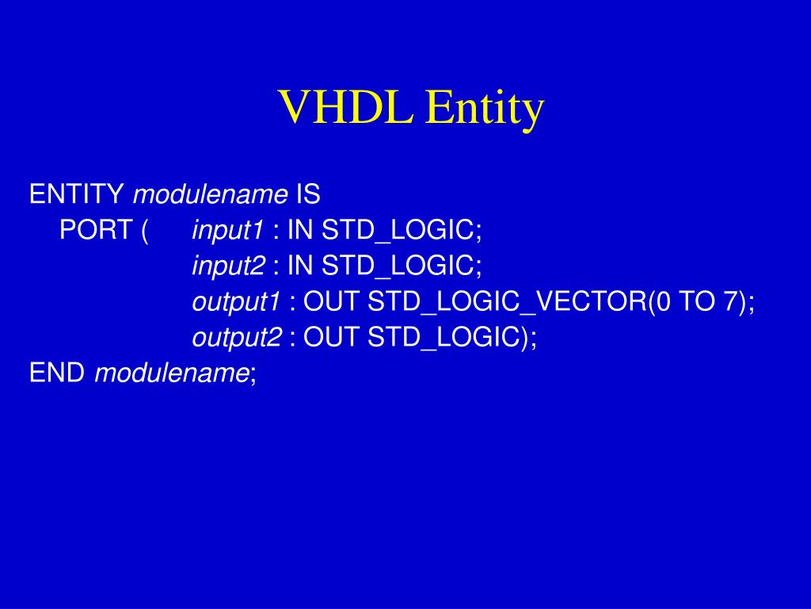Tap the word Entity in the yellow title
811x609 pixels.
pyautogui.click(x=485, y=109)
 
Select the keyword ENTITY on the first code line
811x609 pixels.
pyautogui.click(x=77, y=194)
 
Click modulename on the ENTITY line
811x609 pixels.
pyautogui.click(x=210, y=194)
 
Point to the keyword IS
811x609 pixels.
pyautogui.click(x=308, y=194)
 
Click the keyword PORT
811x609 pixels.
pyautogui.click(x=96, y=229)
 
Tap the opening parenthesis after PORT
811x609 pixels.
pyautogui.click(x=144, y=231)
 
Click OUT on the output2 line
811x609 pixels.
pyautogui.click(x=331, y=336)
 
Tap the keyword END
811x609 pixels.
pyautogui.click(x=57, y=372)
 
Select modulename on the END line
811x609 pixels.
pyautogui.click(x=172, y=372)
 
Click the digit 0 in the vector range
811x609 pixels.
pyautogui.click(x=663, y=301)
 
